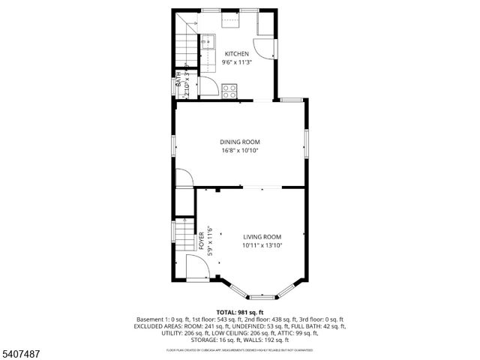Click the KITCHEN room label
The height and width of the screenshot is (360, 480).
[236, 54]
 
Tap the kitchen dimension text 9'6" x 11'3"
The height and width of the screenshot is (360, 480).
[236, 63]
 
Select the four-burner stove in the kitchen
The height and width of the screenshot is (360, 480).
[229, 91]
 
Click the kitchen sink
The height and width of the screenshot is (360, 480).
[208, 43]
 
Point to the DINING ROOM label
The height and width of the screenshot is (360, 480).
[239, 142]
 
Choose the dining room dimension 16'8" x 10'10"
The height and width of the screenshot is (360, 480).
[239, 151]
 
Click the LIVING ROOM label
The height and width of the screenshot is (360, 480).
[262, 236]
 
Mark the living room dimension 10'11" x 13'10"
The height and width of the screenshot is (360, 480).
[262, 245]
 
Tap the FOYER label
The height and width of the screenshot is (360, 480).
[202, 241]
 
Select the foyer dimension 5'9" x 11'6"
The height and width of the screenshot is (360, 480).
[211, 241]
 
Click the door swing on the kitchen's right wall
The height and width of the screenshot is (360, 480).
[263, 49]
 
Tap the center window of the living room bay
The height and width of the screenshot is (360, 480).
[262, 298]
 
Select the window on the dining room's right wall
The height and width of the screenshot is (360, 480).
[306, 142]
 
